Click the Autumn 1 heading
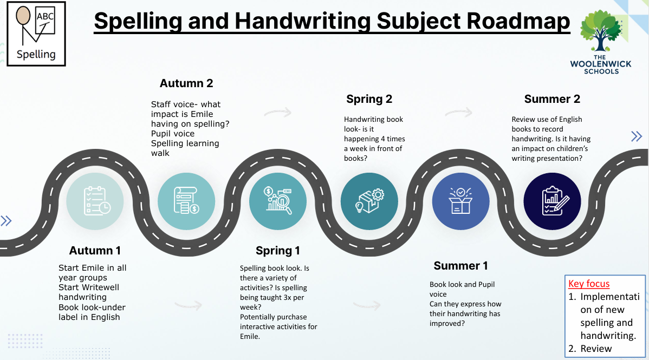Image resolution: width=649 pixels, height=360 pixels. pyautogui.click(x=95, y=250)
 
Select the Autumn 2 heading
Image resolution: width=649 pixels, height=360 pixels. pyautogui.click(x=186, y=83)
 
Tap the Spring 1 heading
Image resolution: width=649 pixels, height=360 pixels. pyautogui.click(x=278, y=250)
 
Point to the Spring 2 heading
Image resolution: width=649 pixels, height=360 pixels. pyautogui.click(x=369, y=99)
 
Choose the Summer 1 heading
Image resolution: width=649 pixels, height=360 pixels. pyautogui.click(x=460, y=266)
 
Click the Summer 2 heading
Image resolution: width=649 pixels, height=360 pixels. pyautogui.click(x=552, y=99)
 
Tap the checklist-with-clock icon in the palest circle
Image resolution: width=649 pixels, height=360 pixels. pyautogui.click(x=95, y=201)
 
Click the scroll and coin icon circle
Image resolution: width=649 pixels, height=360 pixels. pyautogui.click(x=186, y=201)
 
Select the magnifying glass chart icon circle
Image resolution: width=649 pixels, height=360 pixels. pyautogui.click(x=278, y=201)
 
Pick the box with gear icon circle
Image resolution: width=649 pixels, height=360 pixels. pyautogui.click(x=369, y=201)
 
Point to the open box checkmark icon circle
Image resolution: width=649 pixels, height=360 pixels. pyautogui.click(x=460, y=201)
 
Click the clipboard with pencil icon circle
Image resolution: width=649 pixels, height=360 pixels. pyautogui.click(x=552, y=201)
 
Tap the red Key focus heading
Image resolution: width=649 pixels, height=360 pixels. pyautogui.click(x=589, y=284)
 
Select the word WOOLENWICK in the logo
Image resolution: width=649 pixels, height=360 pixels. pyautogui.click(x=601, y=64)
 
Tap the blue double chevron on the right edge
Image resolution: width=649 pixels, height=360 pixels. pyautogui.click(x=637, y=136)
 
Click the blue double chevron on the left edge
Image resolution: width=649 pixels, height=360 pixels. pyautogui.click(x=6, y=221)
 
